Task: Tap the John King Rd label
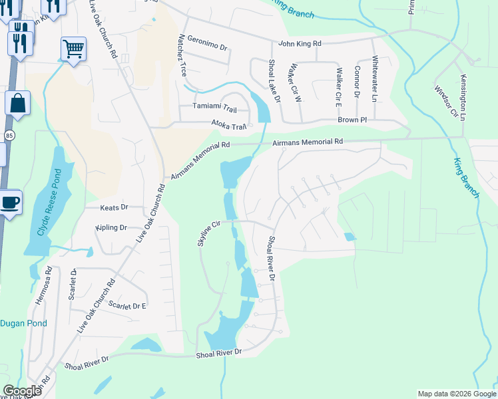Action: [x=300, y=44]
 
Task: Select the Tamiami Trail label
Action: [x=214, y=106]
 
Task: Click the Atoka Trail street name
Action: [x=229, y=125]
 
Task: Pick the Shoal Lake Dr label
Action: [x=274, y=80]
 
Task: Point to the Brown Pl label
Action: [x=352, y=120]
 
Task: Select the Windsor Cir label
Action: [x=446, y=102]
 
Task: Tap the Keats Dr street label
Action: [x=113, y=207]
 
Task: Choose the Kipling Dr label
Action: [x=111, y=227]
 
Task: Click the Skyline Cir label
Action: [x=208, y=234]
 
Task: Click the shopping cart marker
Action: [x=73, y=48]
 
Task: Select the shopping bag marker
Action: [x=17, y=104]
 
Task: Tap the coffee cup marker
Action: [x=10, y=201]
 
